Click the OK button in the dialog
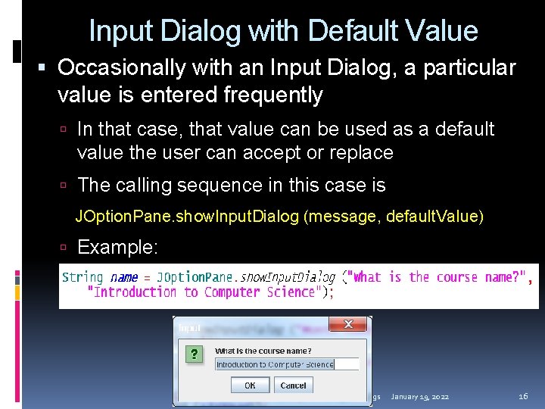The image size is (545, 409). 249,385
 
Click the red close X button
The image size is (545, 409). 349,325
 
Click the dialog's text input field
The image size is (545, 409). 286,364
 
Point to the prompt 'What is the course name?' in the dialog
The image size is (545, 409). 263,351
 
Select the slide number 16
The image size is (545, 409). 523,397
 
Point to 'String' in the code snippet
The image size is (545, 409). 83,277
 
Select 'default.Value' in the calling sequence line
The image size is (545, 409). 431,217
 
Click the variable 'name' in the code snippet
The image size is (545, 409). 124,277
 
